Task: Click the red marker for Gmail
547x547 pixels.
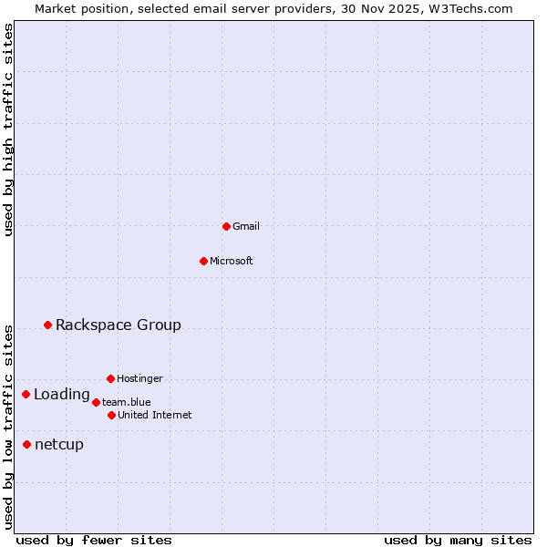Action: tap(226, 226)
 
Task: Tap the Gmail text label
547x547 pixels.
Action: tap(246, 226)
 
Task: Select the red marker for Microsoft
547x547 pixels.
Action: tap(203, 261)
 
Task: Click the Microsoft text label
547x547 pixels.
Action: tap(232, 261)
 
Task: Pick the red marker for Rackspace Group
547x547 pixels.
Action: tap(47, 325)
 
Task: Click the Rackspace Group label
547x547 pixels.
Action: tap(119, 325)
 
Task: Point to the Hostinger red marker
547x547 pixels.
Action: tap(110, 378)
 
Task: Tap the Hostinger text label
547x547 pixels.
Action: tap(139, 378)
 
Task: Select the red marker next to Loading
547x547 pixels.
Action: tap(26, 394)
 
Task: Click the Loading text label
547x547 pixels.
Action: tap(62, 395)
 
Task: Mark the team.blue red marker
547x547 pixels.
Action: tap(96, 402)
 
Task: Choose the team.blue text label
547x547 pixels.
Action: tap(127, 402)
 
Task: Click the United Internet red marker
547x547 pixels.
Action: tap(111, 415)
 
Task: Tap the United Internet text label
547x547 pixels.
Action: tap(155, 415)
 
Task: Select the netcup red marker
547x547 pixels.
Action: tap(26, 444)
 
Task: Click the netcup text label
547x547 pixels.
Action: tap(59, 445)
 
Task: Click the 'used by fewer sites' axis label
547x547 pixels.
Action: tap(94, 540)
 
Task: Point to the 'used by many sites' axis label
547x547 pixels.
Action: tap(458, 540)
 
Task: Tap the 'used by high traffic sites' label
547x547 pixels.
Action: tap(8, 129)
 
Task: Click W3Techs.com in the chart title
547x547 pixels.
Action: tap(470, 8)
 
